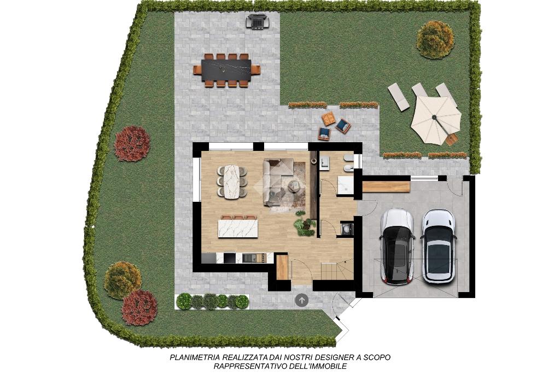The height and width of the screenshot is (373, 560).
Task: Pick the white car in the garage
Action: point(439,246)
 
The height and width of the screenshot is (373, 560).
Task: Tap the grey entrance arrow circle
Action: point(302,300)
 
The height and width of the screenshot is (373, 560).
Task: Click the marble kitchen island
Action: point(238,229)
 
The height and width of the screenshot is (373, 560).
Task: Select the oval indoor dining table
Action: point(232,181)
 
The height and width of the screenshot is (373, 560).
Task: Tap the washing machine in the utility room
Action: point(347,228)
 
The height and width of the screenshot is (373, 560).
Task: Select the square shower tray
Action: point(346,185)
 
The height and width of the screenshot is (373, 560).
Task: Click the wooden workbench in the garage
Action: point(386,186)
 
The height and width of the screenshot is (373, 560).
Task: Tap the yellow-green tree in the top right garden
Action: point(435,39)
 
